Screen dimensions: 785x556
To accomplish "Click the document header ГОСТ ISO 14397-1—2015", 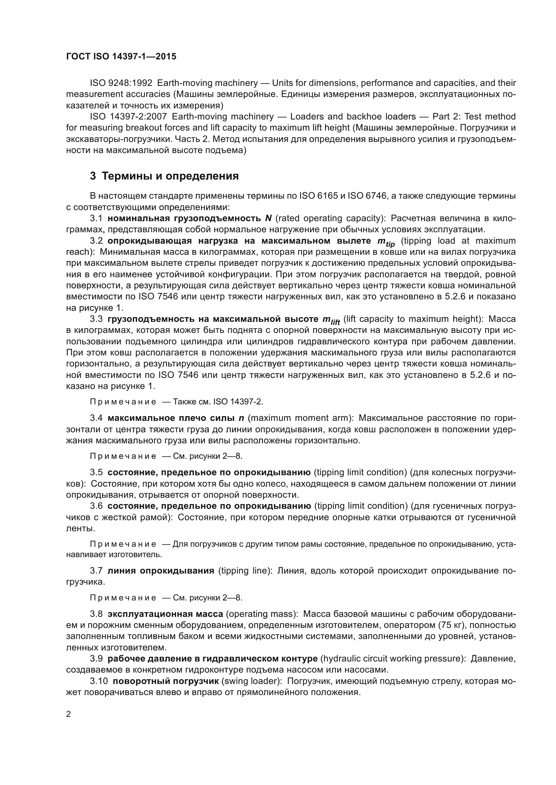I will click(121, 56).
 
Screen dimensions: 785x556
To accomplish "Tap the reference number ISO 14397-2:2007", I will click(128, 116).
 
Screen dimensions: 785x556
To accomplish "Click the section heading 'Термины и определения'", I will click(170, 176).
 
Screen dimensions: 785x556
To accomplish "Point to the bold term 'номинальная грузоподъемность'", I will click(184, 218).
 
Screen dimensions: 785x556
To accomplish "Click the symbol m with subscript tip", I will click(386, 242).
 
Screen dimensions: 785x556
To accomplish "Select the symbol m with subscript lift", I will click(331, 320).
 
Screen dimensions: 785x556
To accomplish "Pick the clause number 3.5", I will click(96, 473).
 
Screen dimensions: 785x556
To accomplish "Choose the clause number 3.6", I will click(96, 506).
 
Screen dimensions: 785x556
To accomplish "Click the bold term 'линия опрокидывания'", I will click(161, 571).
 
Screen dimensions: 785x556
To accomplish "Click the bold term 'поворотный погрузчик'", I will click(166, 681).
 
